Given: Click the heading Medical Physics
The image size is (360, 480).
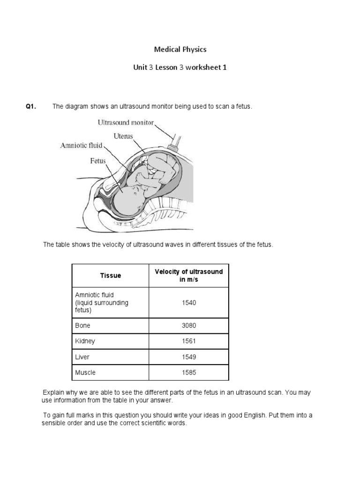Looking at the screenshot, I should point(180,49).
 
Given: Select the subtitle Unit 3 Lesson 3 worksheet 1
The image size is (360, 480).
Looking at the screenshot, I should point(180,67).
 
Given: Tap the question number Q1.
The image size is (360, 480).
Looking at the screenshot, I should point(31,107).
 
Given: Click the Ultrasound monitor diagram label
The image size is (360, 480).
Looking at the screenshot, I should point(125,123).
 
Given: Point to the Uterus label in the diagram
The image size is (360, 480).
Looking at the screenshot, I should point(123,136).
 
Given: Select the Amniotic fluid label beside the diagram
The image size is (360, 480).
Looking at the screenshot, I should point(81,145).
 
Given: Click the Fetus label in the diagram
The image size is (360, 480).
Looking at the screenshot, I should point(98,161).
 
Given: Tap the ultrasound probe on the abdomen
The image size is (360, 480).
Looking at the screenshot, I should point(177,141).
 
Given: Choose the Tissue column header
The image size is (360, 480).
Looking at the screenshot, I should point(110,276).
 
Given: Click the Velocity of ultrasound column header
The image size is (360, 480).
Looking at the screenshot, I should point(188,276).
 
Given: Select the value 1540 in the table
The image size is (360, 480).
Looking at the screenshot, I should point(188,303).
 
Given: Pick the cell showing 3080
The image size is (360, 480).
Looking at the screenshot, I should point(188,325).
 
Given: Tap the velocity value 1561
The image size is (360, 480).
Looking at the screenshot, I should point(188,341).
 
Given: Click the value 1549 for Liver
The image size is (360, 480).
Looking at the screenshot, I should point(188,357).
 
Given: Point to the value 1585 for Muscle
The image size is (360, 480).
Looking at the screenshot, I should point(188,373).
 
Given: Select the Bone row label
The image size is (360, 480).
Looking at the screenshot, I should point(83,325).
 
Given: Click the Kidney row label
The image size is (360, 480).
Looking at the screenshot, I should point(85,341).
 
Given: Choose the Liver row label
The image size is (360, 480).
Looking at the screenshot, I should point(82,357).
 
